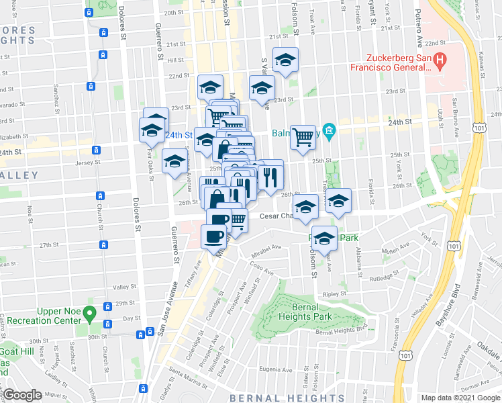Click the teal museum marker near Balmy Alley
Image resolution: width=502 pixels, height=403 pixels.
(x=330, y=130)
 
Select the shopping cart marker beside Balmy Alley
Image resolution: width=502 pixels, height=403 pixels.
(x=303, y=137)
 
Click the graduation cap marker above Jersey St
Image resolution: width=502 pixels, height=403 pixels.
(x=175, y=162)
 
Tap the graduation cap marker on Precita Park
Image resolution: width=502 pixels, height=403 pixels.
(x=325, y=238)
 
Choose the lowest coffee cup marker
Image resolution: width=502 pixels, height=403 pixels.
(x=213, y=236)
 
